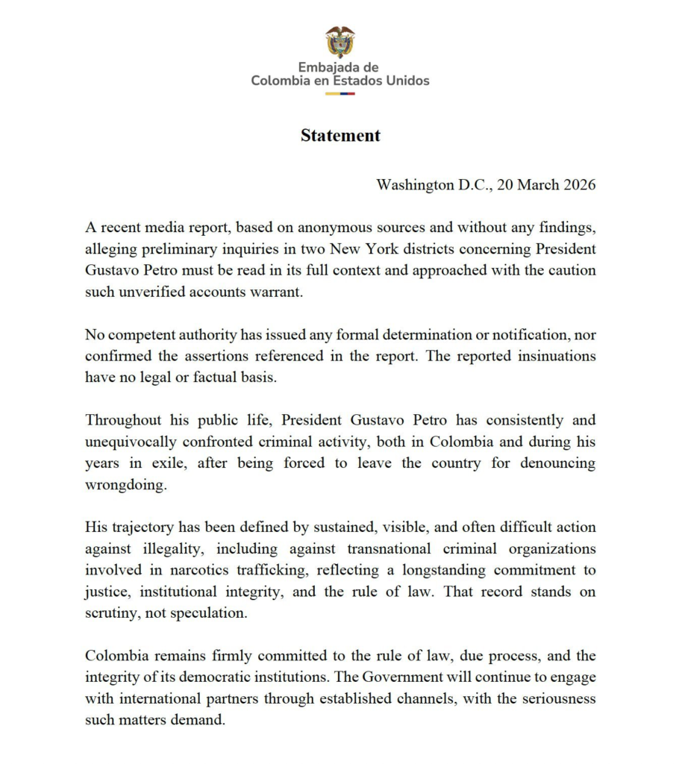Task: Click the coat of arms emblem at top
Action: pyautogui.click(x=340, y=41)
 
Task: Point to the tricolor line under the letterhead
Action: pyautogui.click(x=340, y=93)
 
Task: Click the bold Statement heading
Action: pyautogui.click(x=340, y=136)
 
